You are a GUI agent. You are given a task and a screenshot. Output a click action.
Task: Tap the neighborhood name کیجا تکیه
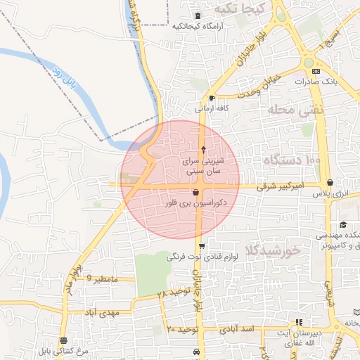239,9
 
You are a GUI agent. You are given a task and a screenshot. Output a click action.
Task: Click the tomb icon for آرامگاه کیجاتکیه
197,15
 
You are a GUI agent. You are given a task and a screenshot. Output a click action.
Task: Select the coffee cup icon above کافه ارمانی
212,98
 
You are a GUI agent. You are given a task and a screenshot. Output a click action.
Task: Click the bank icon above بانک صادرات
316,71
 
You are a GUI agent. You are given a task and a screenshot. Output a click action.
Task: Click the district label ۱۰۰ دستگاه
291,161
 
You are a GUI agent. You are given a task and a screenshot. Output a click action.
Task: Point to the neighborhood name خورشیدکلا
274,250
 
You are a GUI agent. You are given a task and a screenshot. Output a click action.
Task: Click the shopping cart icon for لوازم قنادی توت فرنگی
202,246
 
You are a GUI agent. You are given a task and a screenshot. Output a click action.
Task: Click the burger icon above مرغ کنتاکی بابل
64,340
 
